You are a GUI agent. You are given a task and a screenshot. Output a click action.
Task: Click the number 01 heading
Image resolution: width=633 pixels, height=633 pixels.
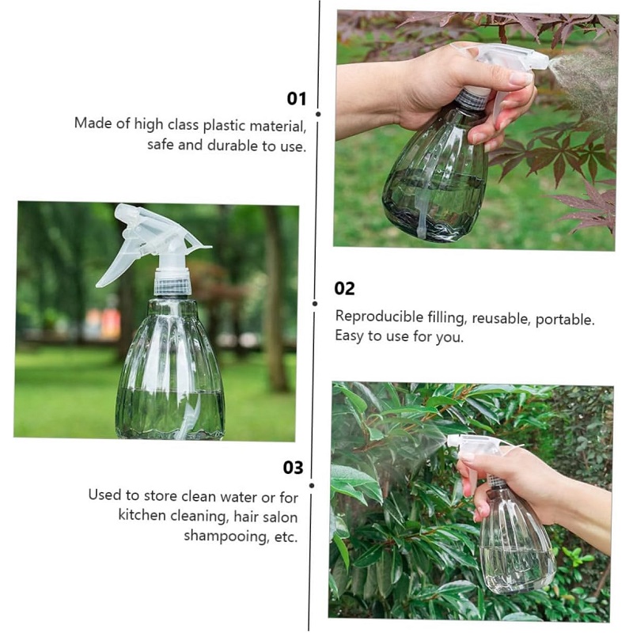[296, 99]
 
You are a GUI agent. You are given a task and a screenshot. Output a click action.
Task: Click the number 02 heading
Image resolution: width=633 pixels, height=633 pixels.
[344, 288]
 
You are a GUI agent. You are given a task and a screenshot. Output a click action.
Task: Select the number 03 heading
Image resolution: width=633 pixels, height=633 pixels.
[293, 468]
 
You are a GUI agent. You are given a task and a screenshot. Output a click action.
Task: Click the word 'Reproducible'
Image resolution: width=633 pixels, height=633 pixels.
[379, 317]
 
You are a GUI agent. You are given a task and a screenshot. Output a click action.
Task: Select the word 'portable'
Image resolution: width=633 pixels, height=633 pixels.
[564, 320]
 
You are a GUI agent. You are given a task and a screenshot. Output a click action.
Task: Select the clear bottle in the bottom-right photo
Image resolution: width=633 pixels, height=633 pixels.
[515, 546]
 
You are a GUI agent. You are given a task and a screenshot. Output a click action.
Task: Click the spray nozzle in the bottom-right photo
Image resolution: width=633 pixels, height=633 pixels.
[453, 441]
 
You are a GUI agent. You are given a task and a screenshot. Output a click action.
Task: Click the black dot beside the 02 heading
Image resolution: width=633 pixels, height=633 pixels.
[315, 303]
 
